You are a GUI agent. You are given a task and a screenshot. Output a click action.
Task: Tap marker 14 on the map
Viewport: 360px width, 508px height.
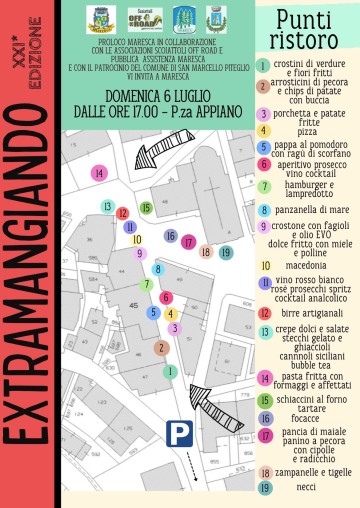(x=98, y=173)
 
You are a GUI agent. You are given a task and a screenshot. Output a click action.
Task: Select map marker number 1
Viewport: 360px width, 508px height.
(x=171, y=371)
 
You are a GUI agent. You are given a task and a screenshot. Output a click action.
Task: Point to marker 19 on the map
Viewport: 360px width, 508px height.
(x=226, y=253)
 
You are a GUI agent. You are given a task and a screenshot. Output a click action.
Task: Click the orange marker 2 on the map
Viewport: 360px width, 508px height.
(x=160, y=348)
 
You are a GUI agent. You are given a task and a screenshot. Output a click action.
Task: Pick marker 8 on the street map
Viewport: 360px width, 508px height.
(x=157, y=269)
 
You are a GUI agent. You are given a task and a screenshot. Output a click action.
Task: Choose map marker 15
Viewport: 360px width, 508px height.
(x=146, y=208)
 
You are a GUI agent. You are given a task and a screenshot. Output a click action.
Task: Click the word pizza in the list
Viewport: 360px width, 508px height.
(x=308, y=131)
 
